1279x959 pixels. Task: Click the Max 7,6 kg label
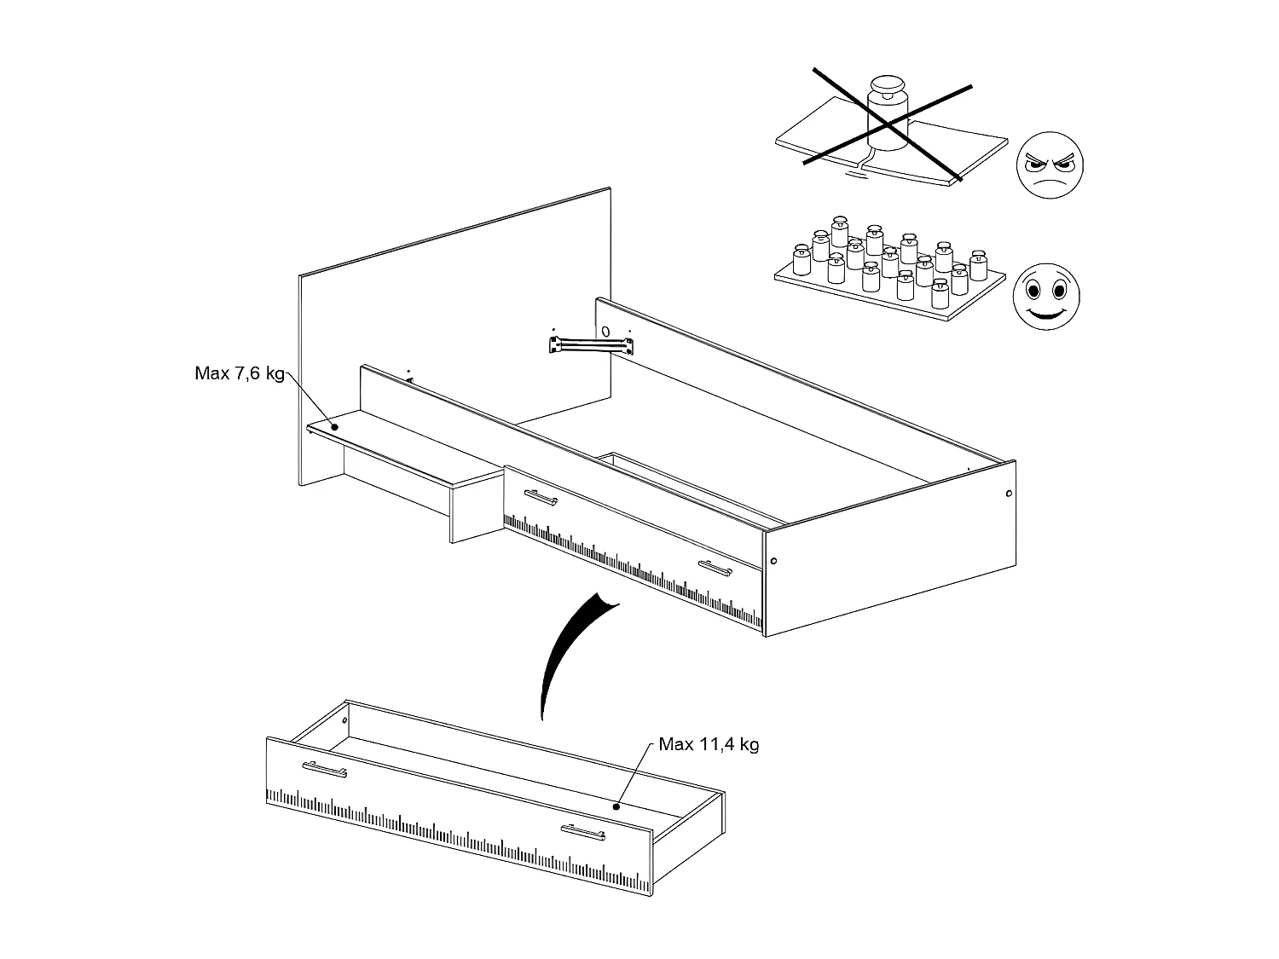(239, 374)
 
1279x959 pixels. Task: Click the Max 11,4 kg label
(709, 744)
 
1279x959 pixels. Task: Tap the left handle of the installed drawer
(540, 497)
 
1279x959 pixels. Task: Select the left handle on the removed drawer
(323, 769)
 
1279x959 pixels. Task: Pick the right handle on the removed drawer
(583, 832)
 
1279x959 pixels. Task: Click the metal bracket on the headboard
(592, 344)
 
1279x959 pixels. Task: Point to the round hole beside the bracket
(605, 331)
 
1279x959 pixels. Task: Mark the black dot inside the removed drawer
(616, 806)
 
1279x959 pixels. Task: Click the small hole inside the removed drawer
(344, 720)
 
